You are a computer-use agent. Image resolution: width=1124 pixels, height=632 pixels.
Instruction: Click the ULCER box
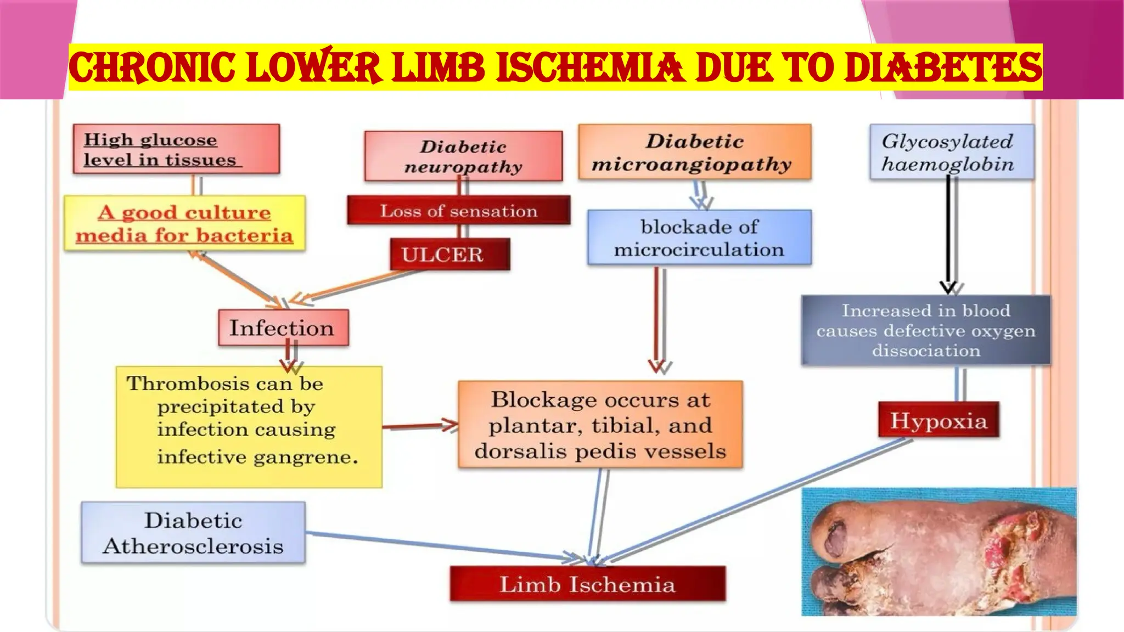click(449, 254)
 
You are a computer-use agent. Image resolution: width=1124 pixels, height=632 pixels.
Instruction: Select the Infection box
click(283, 328)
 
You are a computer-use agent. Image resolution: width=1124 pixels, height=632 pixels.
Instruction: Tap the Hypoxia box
click(938, 420)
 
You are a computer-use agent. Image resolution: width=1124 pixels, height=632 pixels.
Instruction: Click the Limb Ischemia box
click(587, 584)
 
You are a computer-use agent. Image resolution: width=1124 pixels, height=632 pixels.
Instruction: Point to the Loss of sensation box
click(458, 211)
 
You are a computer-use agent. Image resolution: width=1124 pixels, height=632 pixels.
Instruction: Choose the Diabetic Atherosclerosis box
click(193, 533)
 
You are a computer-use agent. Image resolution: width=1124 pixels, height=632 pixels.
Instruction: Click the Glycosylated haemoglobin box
click(951, 152)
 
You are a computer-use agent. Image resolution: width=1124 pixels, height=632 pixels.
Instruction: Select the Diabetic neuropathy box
click(463, 156)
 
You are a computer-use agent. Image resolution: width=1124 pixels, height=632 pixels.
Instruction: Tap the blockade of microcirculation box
click(699, 238)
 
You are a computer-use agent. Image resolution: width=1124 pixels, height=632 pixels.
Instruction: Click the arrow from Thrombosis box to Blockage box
click(420, 426)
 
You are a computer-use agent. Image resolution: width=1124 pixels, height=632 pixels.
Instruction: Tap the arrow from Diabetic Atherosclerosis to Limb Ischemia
click(439, 546)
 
